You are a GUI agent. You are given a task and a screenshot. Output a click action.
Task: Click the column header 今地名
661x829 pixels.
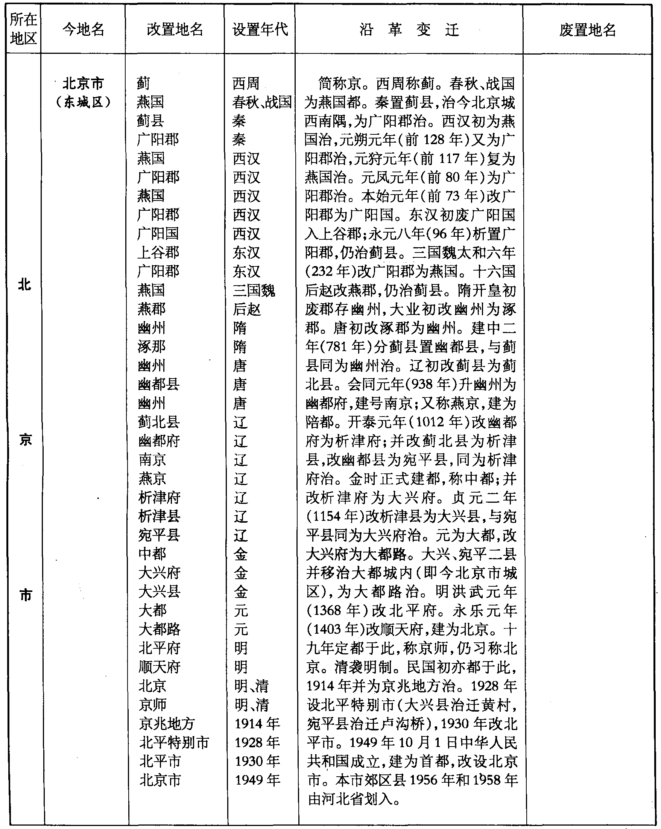tap(83, 29)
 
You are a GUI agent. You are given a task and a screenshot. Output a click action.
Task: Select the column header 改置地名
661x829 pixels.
tap(175, 29)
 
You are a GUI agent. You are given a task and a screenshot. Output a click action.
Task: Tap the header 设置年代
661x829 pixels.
tap(260, 29)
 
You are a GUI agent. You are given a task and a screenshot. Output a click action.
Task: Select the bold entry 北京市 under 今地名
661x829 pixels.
tap(83, 84)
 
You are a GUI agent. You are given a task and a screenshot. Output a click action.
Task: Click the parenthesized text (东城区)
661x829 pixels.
tap(83, 102)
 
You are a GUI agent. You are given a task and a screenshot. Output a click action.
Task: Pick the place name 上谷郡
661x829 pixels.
tap(158, 253)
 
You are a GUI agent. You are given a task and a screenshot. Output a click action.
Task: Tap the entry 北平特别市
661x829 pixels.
tap(174, 742)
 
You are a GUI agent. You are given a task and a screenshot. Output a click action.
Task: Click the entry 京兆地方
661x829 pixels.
tap(166, 723)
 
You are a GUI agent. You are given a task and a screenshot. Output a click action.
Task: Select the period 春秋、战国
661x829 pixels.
tap(262, 102)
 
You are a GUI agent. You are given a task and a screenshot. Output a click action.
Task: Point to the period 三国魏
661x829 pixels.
tap(254, 290)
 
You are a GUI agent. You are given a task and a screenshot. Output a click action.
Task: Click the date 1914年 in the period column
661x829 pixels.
tap(257, 723)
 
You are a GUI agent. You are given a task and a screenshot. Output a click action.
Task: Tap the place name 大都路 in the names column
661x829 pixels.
tap(159, 630)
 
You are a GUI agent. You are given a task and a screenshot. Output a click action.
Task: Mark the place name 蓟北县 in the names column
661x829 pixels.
tap(159, 422)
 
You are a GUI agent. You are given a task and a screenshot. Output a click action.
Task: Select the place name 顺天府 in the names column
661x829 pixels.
tap(159, 667)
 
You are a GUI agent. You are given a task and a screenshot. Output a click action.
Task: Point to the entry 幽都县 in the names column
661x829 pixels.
tap(159, 385)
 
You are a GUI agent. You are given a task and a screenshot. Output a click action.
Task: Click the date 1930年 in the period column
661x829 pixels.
tap(257, 761)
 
